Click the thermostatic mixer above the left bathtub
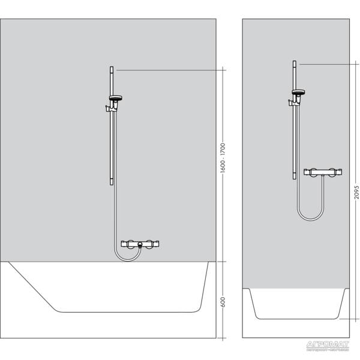(x=140, y=244)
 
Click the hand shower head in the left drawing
(x=115, y=98)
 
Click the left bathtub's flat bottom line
(x=126, y=311)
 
